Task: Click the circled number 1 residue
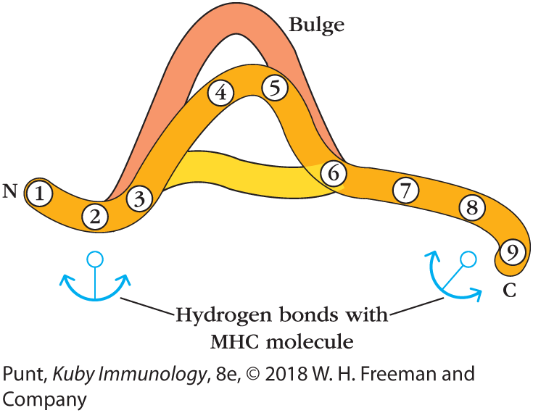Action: click(x=41, y=193)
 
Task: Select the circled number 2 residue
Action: click(x=95, y=216)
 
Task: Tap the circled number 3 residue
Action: click(x=139, y=197)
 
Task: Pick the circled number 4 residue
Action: click(x=221, y=92)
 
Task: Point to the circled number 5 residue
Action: click(x=275, y=88)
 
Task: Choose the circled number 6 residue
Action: click(x=333, y=174)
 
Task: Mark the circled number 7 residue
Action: click(x=406, y=191)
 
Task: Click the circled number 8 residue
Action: click(x=472, y=208)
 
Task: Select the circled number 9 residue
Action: click(x=512, y=251)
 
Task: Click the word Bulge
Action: click(x=316, y=25)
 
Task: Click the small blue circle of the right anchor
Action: click(x=468, y=258)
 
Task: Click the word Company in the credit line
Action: click(x=45, y=399)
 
